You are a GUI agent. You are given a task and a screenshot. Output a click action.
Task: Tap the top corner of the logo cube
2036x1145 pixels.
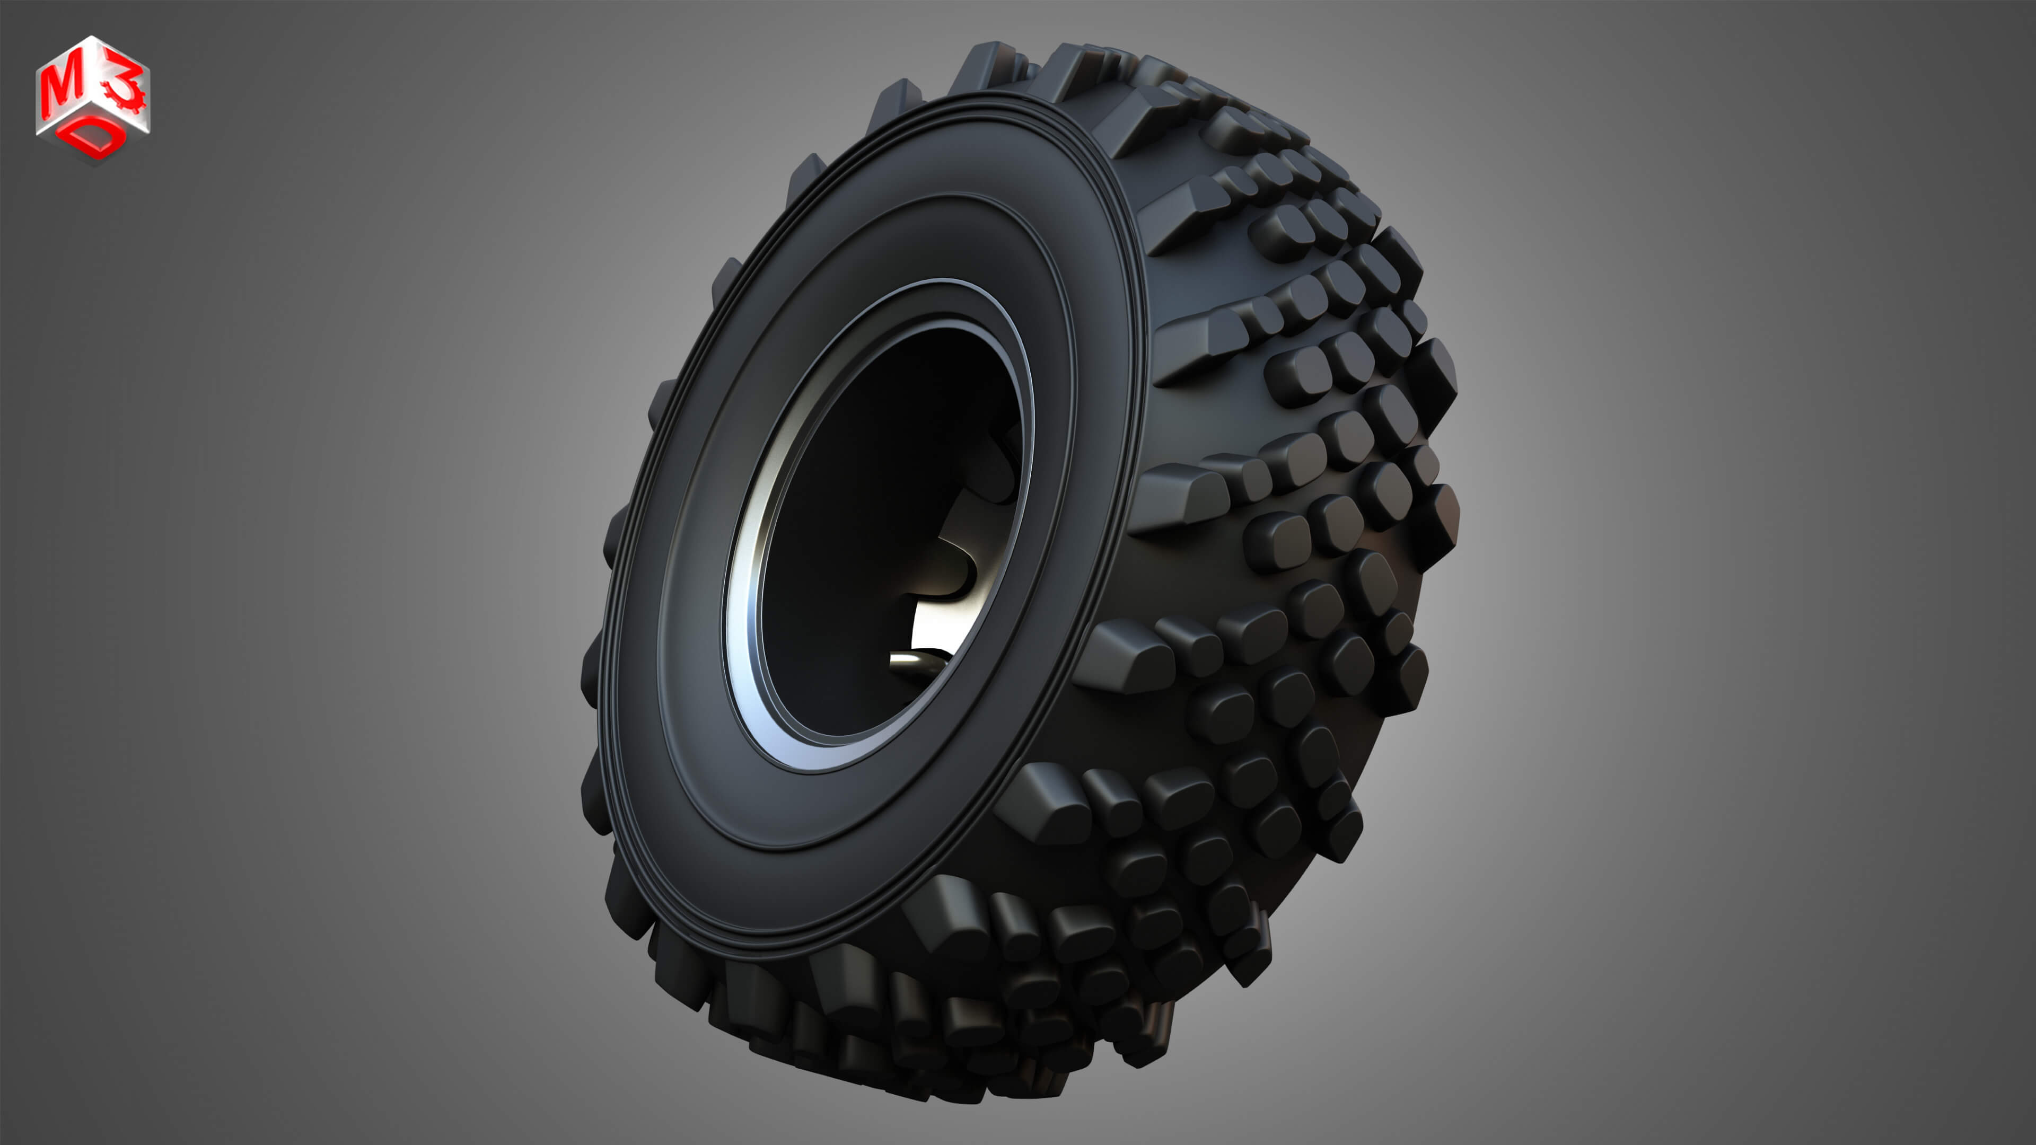point(93,37)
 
